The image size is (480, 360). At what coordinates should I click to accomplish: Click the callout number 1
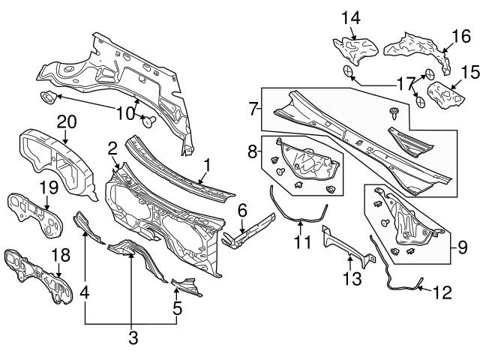(208, 163)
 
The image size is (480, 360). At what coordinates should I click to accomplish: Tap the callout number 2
(112, 147)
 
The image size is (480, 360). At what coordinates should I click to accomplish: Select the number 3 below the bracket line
(132, 338)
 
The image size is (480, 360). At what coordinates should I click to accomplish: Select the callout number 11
(301, 242)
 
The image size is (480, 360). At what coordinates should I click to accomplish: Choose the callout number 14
(351, 16)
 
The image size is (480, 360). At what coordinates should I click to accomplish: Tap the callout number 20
(67, 121)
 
